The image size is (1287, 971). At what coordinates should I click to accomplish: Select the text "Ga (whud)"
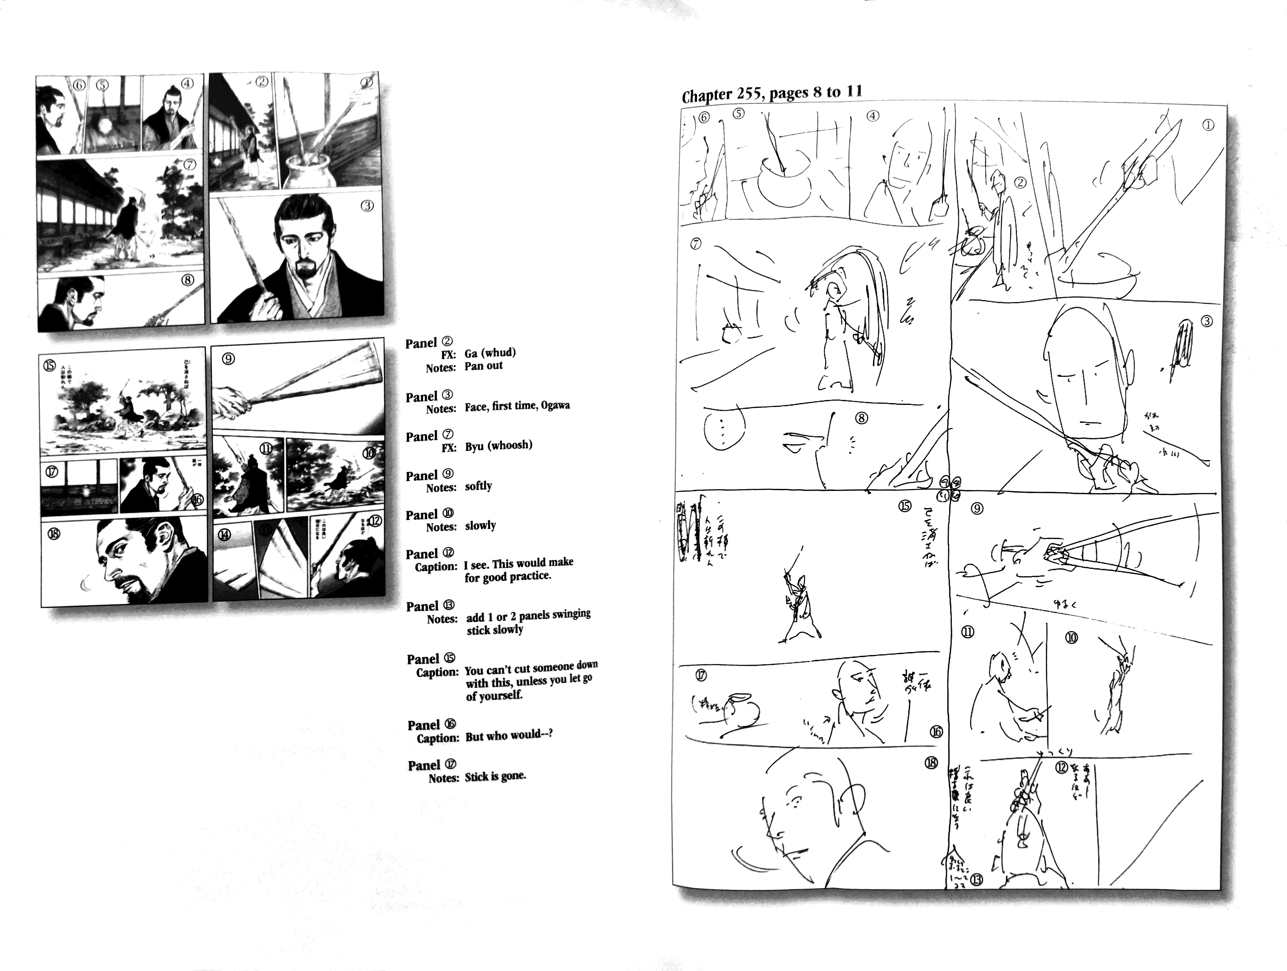[490, 352]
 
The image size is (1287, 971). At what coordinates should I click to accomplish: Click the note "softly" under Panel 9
[478, 486]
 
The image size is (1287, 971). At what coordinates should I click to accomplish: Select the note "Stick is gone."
[495, 776]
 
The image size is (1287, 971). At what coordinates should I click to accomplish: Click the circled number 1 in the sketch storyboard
[1208, 125]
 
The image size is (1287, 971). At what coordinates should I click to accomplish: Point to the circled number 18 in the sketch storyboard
[930, 762]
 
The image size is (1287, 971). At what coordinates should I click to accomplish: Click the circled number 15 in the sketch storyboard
[905, 506]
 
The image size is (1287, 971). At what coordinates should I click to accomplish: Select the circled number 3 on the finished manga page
[367, 206]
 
